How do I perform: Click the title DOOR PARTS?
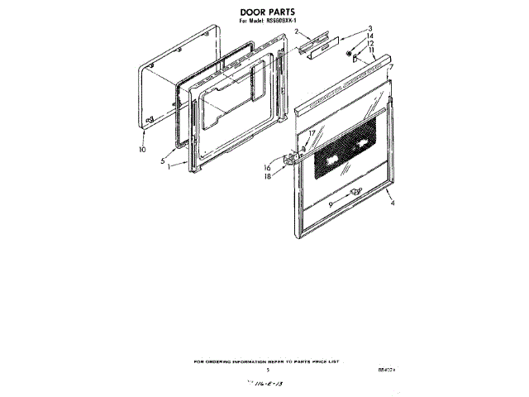click(263, 12)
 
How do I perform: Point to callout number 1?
click(168, 166)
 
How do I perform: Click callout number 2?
click(295, 31)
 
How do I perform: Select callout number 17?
click(312, 132)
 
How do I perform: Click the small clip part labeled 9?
click(355, 193)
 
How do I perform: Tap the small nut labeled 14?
click(350, 55)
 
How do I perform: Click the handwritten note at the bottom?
click(262, 386)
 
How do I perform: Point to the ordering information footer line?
click(265, 361)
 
